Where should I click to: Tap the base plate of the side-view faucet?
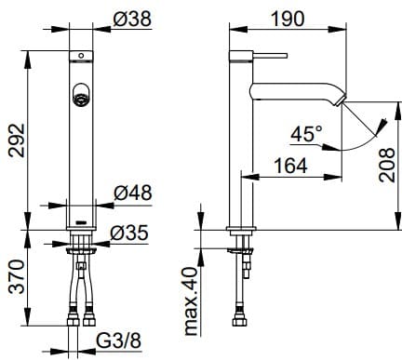point(241,229)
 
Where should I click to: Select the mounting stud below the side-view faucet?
point(245,249)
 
